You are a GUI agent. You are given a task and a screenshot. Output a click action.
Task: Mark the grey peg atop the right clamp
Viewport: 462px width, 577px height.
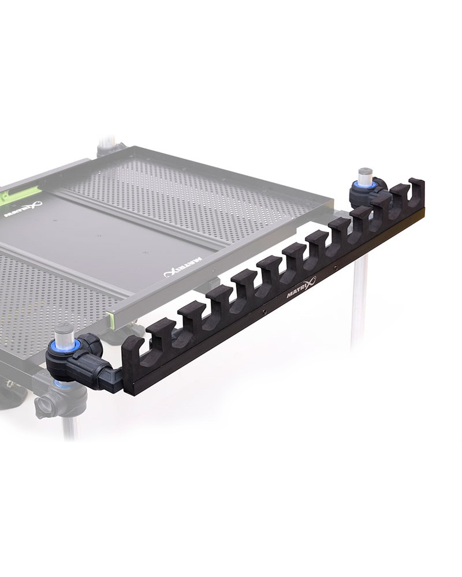pyautogui.click(x=365, y=175)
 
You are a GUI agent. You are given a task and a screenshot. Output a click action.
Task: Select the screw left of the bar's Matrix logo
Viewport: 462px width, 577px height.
pyautogui.click(x=264, y=312)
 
